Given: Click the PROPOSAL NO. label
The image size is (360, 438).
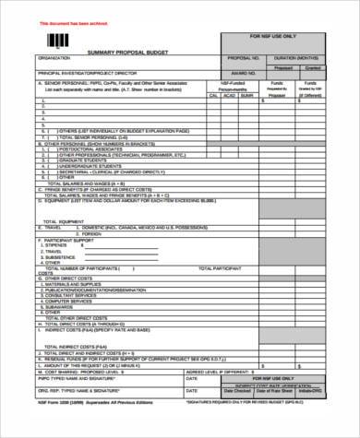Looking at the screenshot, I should (x=237, y=57).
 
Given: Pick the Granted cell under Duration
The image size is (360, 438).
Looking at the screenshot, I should (x=313, y=67).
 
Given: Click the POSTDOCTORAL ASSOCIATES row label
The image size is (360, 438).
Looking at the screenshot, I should (x=92, y=148).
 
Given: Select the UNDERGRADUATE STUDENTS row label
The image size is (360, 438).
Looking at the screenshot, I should (x=91, y=166).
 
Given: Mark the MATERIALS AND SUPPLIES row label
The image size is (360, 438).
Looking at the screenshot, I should (x=78, y=284).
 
